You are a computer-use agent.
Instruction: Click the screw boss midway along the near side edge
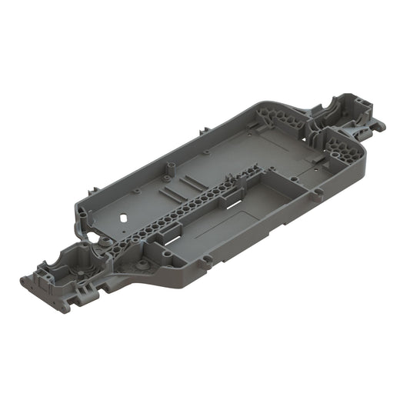(203, 264)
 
